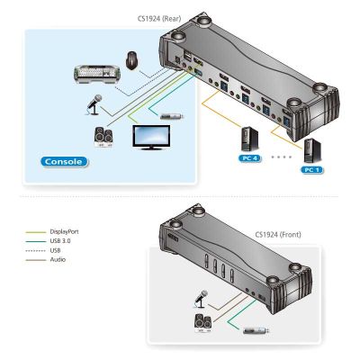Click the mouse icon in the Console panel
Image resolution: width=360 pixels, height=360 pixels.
tap(132, 60)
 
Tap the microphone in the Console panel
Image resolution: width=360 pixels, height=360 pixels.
tap(94, 104)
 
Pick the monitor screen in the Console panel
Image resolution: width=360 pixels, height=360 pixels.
tap(151, 137)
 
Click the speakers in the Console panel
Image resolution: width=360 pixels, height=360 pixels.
tap(104, 138)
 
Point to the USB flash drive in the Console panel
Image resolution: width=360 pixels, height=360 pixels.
tap(172, 116)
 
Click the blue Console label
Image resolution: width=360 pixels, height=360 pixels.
tap(64, 162)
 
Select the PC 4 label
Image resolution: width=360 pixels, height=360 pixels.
tap(249, 158)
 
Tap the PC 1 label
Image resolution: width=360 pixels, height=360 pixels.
tap(312, 170)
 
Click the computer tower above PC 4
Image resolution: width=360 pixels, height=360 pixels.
tap(249, 139)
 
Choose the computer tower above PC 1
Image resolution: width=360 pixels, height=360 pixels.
tap(312, 150)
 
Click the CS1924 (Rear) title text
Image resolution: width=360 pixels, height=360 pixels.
tap(159, 19)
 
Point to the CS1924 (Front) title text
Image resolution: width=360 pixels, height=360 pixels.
tap(278, 234)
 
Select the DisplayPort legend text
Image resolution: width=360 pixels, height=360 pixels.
tap(64, 231)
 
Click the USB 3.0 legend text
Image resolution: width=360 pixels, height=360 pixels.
tap(60, 241)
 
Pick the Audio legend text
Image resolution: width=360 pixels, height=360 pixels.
tap(58, 259)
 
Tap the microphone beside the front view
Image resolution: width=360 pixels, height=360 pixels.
tap(201, 299)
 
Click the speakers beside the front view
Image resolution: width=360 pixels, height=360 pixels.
tap(202, 323)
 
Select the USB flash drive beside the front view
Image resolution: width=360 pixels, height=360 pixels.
tap(256, 330)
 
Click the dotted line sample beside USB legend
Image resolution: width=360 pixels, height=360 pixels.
tap(36, 250)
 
